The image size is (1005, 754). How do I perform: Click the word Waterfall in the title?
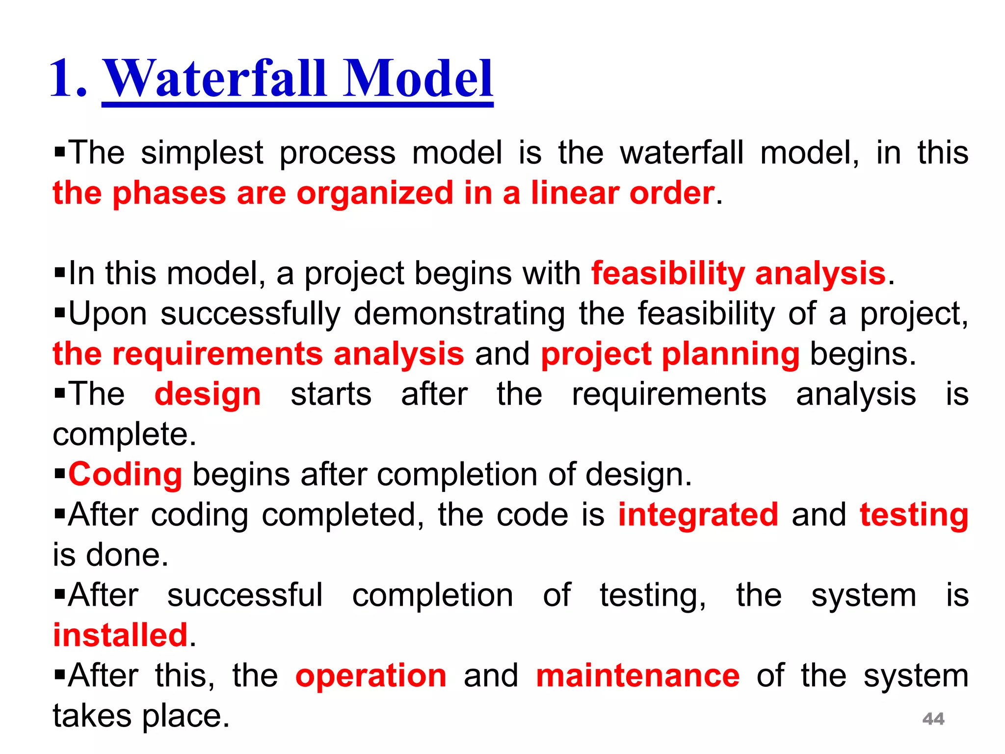(x=217, y=79)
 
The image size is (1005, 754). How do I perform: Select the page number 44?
(x=933, y=719)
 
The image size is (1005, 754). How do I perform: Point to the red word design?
(x=207, y=394)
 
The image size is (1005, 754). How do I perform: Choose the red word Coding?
(x=125, y=475)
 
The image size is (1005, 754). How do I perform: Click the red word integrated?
(x=698, y=515)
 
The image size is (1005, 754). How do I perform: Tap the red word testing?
(x=914, y=515)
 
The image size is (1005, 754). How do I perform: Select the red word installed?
(x=120, y=635)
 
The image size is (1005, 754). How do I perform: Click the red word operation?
(x=370, y=676)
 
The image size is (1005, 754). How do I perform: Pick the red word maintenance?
(x=637, y=676)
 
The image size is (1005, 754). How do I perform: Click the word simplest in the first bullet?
(x=202, y=153)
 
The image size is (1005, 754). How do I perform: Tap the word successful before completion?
(x=245, y=595)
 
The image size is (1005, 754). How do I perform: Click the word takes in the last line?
(x=92, y=716)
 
